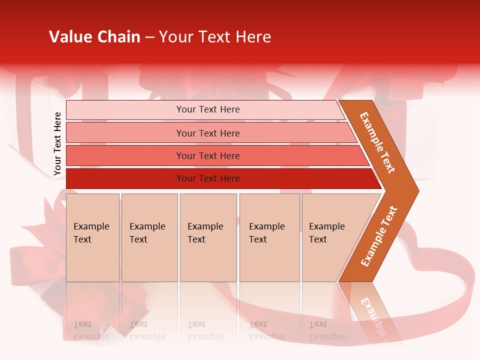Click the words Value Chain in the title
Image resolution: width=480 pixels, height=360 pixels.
click(x=94, y=37)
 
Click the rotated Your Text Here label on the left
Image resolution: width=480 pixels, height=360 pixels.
click(x=57, y=144)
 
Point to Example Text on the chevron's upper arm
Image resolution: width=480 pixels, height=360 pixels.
click(x=377, y=142)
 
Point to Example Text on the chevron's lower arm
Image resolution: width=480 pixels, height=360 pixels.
click(x=379, y=236)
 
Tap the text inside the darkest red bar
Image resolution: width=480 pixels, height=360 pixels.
click(x=208, y=178)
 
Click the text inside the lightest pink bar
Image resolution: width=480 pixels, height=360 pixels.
click(x=208, y=109)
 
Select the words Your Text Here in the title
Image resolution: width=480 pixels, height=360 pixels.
click(x=215, y=37)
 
